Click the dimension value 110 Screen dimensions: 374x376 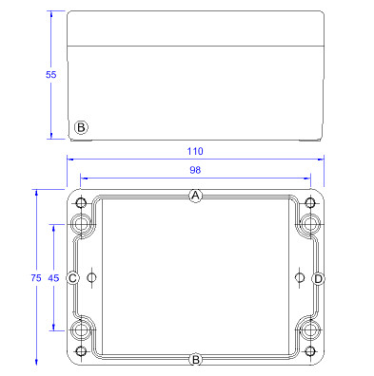tap(195, 151)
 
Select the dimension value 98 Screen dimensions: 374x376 tap(195, 170)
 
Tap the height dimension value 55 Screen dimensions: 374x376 tap(50, 75)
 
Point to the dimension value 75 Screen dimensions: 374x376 tap(36, 278)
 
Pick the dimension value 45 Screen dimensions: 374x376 tap(53, 278)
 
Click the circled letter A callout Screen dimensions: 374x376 tap(196, 196)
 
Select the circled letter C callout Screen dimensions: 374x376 tap(72, 278)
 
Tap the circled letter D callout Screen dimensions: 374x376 tap(318, 279)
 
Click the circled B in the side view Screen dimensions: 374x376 tap(81, 127)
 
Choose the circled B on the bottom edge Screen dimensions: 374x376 tap(196, 360)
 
